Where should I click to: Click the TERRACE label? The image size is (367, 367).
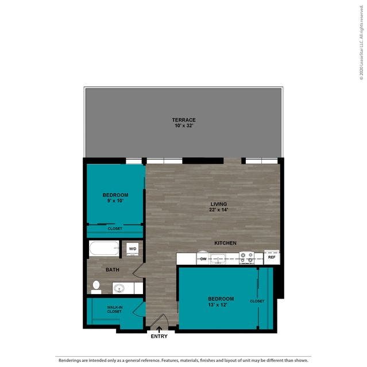184,120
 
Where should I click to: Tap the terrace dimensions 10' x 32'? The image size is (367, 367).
184,126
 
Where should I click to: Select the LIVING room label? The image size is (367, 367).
219,204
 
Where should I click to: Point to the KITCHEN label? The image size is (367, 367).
225,243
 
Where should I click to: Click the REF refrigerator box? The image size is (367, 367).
272,257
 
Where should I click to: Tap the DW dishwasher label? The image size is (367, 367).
203,259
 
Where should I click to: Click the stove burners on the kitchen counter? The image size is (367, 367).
247,258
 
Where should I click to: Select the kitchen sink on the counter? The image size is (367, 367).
218,259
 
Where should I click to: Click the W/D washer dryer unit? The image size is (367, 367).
133,249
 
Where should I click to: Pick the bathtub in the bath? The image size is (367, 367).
104,248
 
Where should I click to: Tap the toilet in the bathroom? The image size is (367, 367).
96,287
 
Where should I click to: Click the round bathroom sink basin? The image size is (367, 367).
119,288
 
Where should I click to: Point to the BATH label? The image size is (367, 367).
113,270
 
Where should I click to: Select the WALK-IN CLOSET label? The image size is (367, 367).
114,310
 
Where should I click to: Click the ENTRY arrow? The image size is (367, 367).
159,330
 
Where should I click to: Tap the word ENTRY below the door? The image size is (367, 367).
159,337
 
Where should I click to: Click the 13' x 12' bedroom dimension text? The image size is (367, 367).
218,305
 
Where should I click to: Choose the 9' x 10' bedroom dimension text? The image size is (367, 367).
115,201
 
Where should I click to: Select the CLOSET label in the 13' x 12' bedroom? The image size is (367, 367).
257,301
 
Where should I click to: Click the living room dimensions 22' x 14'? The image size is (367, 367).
219,210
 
